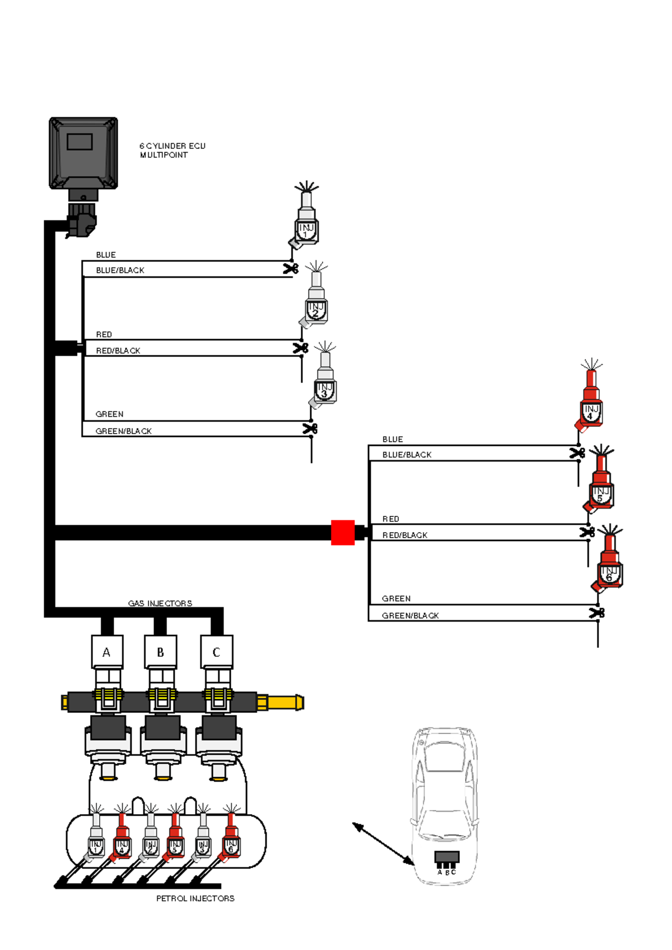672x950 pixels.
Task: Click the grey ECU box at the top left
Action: (83, 153)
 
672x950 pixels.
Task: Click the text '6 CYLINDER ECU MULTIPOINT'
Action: (172, 151)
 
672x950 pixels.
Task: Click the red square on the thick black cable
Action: (343, 533)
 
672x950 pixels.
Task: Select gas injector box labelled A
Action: (107, 652)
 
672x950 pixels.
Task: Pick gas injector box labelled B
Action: (161, 652)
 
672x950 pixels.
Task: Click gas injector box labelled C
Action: (217, 652)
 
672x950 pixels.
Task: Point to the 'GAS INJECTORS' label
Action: (160, 603)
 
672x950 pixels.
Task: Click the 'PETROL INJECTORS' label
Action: (195, 899)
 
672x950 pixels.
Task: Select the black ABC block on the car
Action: (447, 858)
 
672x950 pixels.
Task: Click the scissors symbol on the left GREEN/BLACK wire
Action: (310, 429)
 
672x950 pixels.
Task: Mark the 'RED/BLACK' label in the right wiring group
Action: (404, 535)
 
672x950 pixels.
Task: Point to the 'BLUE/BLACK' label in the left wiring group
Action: (120, 270)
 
